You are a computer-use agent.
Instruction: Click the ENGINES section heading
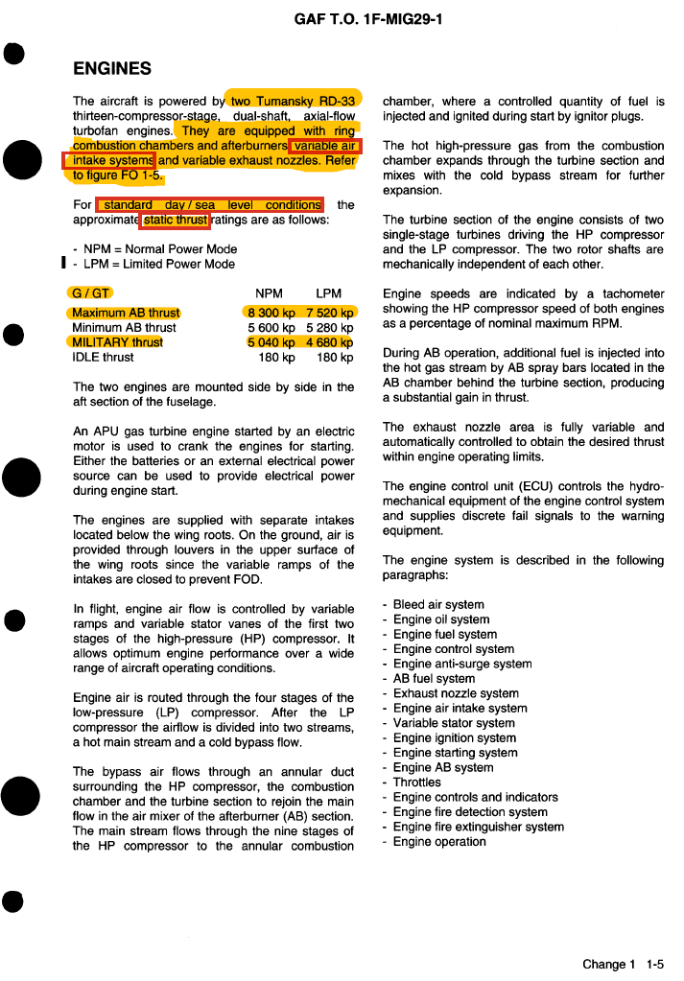pyautogui.click(x=112, y=68)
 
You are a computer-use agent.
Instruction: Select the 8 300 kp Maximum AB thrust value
pyautogui.click(x=271, y=313)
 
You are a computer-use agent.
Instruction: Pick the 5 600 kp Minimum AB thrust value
pyautogui.click(x=271, y=328)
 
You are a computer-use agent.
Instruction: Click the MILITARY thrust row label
pyautogui.click(x=118, y=342)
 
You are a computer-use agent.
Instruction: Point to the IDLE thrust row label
pyautogui.click(x=104, y=358)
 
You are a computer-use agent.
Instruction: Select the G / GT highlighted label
pyautogui.click(x=92, y=293)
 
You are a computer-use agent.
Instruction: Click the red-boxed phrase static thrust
pyautogui.click(x=176, y=221)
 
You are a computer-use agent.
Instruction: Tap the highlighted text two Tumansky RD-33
pyautogui.click(x=294, y=101)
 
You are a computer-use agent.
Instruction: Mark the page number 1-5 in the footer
pyautogui.click(x=655, y=965)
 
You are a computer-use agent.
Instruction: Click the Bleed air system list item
pyautogui.click(x=438, y=605)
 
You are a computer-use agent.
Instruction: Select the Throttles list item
pyautogui.click(x=417, y=782)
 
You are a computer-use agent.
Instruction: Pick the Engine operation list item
pyautogui.click(x=439, y=842)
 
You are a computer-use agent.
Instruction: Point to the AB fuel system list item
pyautogui.click(x=434, y=679)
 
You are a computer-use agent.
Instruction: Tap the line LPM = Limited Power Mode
pyautogui.click(x=159, y=264)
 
